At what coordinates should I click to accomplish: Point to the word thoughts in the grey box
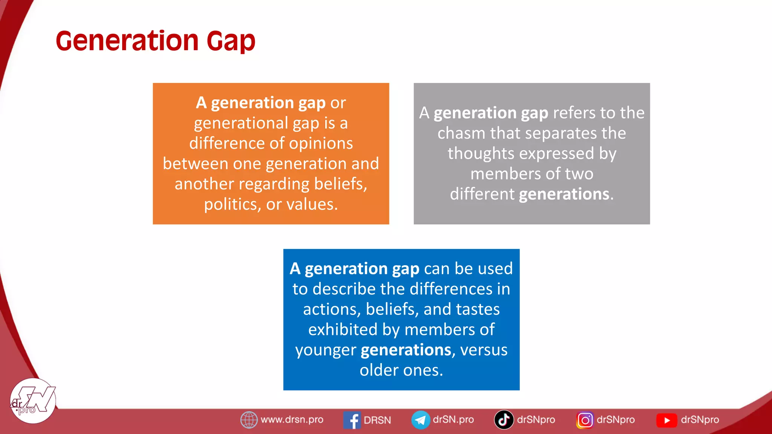point(481,154)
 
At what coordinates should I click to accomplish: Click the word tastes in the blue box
point(478,309)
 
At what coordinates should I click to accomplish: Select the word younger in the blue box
point(325,350)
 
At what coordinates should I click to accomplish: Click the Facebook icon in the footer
point(352,420)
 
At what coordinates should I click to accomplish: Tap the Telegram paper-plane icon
point(420,420)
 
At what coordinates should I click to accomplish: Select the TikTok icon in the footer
point(504,420)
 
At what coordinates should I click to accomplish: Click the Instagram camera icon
point(585,420)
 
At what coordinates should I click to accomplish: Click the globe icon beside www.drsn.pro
point(249,420)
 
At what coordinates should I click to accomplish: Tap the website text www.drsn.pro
point(292,420)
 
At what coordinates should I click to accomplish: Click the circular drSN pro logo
point(33,401)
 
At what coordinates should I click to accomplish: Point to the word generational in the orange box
point(241,123)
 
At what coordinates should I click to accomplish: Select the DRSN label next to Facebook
point(377,420)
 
